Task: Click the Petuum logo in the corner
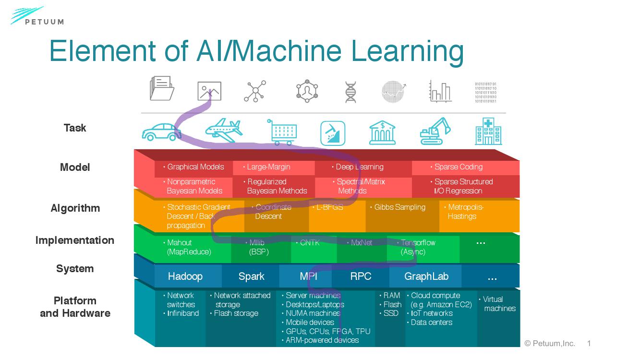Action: [x=36, y=16]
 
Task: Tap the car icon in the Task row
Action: [x=161, y=131]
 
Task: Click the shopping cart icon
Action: [x=282, y=132]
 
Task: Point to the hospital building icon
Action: [x=488, y=131]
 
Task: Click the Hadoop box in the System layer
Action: [x=185, y=276]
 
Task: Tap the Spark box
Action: [x=251, y=276]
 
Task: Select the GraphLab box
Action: [x=426, y=276]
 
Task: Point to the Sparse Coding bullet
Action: [x=458, y=167]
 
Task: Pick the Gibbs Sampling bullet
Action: [x=399, y=207]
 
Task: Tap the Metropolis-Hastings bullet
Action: [x=464, y=212]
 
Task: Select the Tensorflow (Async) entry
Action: [x=417, y=247]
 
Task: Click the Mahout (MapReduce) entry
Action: [x=188, y=247]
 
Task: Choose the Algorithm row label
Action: [x=75, y=208]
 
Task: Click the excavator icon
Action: [x=435, y=131]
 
